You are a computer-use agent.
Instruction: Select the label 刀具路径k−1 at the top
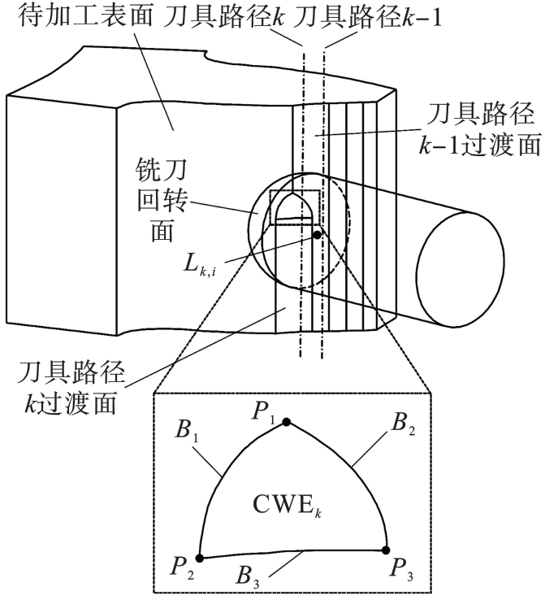pos(370,17)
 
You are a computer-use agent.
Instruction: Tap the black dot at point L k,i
pos(317,234)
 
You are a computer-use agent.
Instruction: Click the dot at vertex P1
pos(286,421)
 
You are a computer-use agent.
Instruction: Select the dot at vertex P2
pos(201,557)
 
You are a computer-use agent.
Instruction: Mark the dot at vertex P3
pos(387,549)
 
